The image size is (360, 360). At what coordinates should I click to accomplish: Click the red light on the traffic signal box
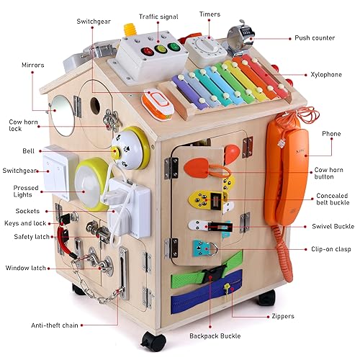[148, 51]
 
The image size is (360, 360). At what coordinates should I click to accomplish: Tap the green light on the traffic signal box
[174, 47]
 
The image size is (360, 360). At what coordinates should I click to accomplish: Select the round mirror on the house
[63, 115]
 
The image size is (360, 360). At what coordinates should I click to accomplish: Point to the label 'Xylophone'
[326, 75]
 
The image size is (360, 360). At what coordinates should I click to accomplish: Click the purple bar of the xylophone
[189, 90]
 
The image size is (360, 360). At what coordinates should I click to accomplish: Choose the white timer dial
[207, 47]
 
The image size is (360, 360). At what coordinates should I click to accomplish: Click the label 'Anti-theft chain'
[55, 325]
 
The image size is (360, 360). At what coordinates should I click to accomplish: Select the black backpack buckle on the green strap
[213, 274]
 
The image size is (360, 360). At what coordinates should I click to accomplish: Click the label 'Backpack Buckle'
[215, 336]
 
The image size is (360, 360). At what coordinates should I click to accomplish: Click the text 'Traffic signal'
[158, 17]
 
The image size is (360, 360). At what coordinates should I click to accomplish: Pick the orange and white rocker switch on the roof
[158, 104]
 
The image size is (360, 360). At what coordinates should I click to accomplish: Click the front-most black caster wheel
[153, 341]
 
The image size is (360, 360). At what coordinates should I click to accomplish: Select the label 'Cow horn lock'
[23, 125]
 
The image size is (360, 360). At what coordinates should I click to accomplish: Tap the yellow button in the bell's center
[115, 153]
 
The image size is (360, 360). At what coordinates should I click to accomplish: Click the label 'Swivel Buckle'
[333, 226]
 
